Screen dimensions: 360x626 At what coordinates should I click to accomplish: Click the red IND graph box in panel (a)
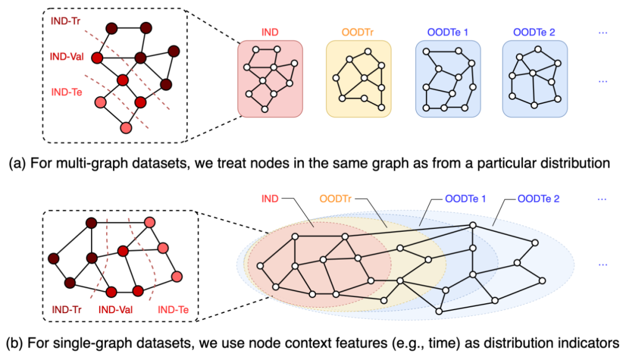[270, 78]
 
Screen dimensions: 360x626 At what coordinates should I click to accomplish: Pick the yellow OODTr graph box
[358, 78]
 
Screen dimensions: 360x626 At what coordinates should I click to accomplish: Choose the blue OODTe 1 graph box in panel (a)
[449, 78]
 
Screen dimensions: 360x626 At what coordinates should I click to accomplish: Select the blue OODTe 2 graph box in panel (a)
[535, 78]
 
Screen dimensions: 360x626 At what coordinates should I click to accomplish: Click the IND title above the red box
[270, 32]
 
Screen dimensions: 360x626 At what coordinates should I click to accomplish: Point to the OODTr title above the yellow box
[359, 32]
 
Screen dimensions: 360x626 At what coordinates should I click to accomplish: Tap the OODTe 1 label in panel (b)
[465, 199]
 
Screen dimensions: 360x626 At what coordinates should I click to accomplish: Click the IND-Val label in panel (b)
[116, 310]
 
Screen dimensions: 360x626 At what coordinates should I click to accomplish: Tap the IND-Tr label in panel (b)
[67, 310]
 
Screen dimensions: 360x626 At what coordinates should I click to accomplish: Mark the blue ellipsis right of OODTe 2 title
[603, 32]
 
